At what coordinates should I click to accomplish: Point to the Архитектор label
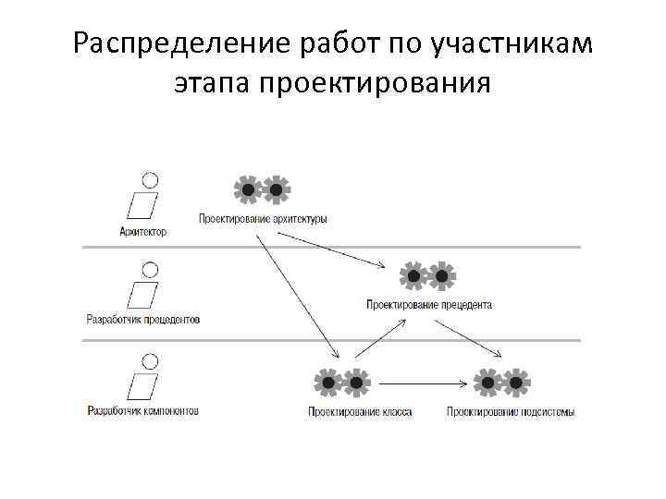pyautogui.click(x=143, y=232)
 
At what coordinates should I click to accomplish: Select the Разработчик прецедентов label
pyautogui.click(x=142, y=320)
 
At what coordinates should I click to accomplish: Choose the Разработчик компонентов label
pyautogui.click(x=142, y=410)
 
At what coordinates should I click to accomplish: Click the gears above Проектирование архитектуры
pyautogui.click(x=262, y=189)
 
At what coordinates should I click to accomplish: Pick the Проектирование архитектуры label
pyautogui.click(x=263, y=219)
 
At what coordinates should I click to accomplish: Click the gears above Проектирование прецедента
pyautogui.click(x=427, y=275)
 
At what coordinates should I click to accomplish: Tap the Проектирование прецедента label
pyautogui.click(x=429, y=304)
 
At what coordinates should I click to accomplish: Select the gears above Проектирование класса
pyautogui.click(x=342, y=381)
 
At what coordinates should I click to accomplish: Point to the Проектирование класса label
pyautogui.click(x=360, y=411)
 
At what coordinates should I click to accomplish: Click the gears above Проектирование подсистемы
pyautogui.click(x=502, y=381)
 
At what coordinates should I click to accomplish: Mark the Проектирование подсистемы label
pyautogui.click(x=511, y=411)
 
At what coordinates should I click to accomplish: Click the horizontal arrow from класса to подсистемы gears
pyautogui.click(x=421, y=381)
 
